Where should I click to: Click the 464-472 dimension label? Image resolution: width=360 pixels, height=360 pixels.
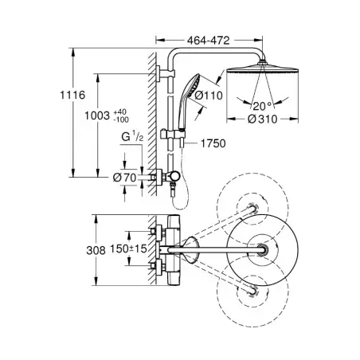pyautogui.click(x=209, y=41)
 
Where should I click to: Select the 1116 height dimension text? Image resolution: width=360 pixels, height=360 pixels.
pyautogui.click(x=72, y=95)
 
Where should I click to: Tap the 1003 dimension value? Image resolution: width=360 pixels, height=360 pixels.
pyautogui.click(x=97, y=115)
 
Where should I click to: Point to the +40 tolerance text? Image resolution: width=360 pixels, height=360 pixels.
pyautogui.click(x=120, y=112)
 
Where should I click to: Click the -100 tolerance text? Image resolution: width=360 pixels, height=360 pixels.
pyautogui.click(x=121, y=119)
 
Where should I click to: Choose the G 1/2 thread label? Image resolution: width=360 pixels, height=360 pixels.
pyautogui.click(x=132, y=137)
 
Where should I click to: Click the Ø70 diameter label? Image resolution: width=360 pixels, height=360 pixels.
pyautogui.click(x=124, y=178)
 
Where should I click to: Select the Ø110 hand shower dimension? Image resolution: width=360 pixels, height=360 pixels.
pyautogui.click(x=209, y=96)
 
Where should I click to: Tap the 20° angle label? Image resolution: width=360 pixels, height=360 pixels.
pyautogui.click(x=262, y=106)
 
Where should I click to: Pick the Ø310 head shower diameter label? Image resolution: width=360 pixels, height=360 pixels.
pyautogui.click(x=263, y=119)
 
